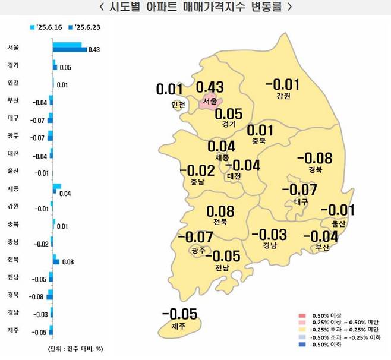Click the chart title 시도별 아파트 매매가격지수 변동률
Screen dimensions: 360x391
[195, 8]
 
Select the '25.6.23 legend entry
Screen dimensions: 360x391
[87, 27]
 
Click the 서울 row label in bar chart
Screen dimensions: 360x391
[13, 46]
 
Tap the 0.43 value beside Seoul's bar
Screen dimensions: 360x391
[94, 49]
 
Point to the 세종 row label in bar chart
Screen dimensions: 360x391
[13, 189]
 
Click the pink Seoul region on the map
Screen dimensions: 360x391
[210, 102]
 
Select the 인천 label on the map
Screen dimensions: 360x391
[178, 105]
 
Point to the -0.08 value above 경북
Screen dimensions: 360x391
[314, 159]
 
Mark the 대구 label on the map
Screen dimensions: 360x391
[301, 202]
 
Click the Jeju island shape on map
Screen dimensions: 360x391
[178, 326]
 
